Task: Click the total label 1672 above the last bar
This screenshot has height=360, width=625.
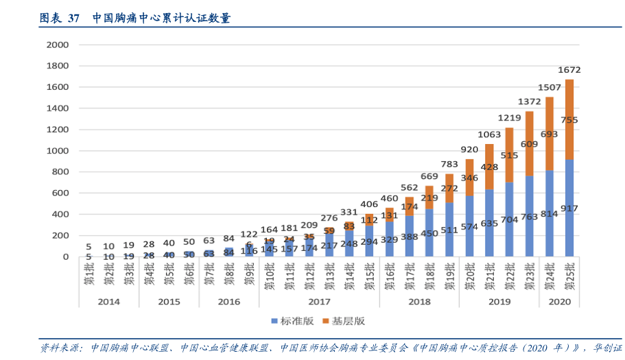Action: coord(569,70)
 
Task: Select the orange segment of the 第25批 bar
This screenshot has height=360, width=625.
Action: coord(569,119)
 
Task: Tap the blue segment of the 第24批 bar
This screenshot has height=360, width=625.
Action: coord(549,213)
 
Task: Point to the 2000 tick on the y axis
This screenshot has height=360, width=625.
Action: coord(58,45)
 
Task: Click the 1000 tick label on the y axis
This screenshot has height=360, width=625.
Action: coord(58,151)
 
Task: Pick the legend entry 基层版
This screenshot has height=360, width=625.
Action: coord(344,320)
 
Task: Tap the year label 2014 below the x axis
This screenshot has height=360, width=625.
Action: coord(108,301)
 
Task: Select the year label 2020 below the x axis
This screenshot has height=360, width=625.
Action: coord(559,301)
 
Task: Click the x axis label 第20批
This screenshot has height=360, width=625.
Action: coord(469,274)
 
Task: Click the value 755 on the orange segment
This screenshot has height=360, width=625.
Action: coord(569,120)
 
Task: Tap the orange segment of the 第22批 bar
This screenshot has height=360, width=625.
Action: coord(509,155)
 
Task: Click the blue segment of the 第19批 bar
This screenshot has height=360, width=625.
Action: coord(449,230)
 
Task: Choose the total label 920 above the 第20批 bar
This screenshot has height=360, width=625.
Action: coord(469,149)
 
